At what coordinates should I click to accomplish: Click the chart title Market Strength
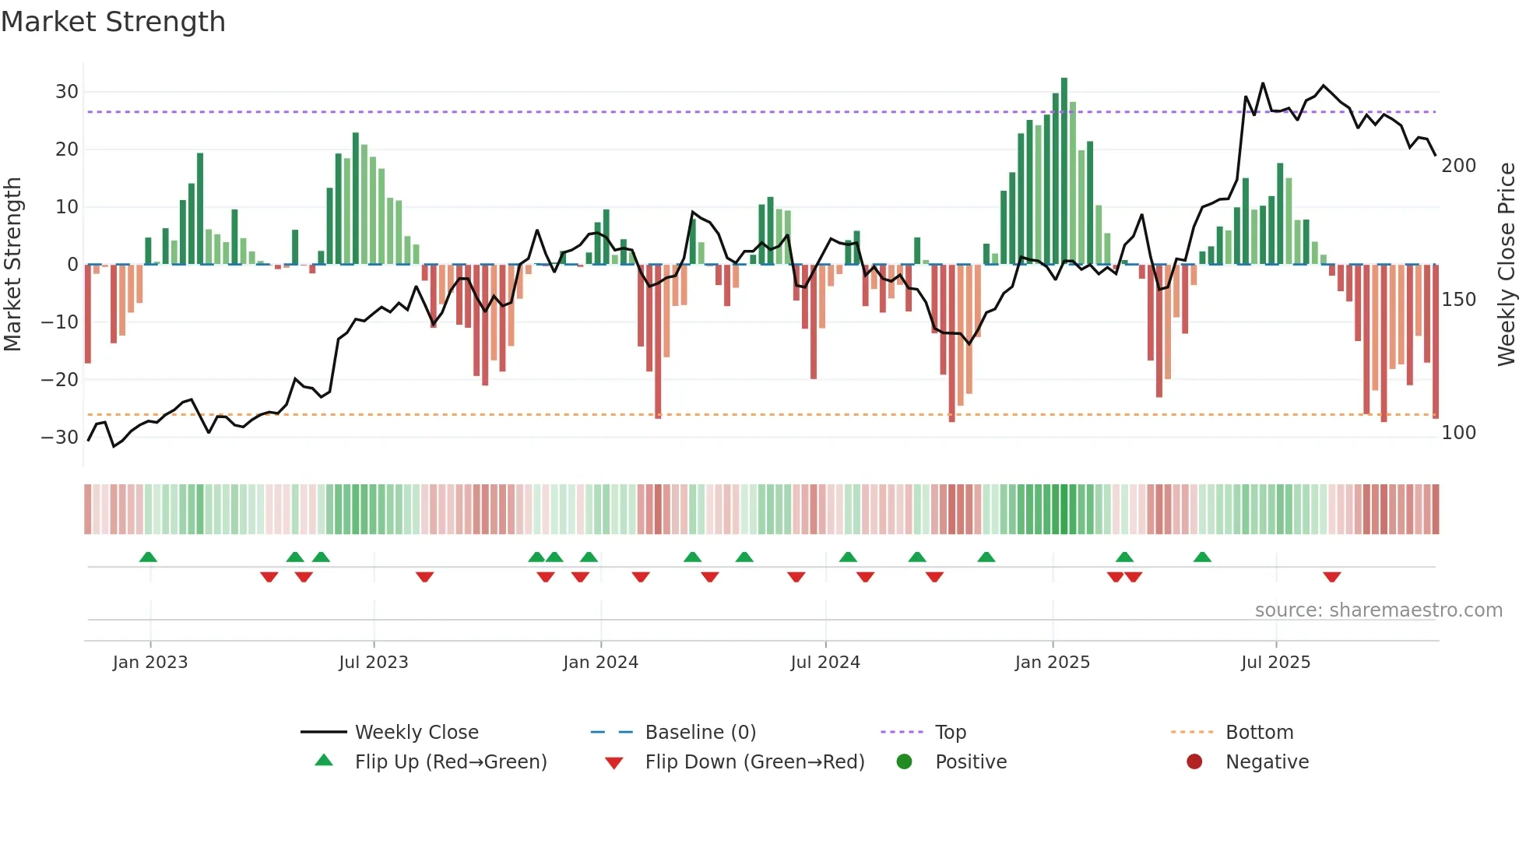tap(113, 22)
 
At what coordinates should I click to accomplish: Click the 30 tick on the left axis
tap(67, 92)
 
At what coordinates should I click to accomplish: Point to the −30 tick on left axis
tap(61, 437)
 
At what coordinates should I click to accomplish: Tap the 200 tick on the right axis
tap(1458, 166)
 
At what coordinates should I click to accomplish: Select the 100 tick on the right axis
tap(1458, 433)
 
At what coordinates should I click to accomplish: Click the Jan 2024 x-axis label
tap(600, 663)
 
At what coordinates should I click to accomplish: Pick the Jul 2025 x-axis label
tap(1275, 663)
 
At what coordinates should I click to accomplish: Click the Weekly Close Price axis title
tap(1507, 265)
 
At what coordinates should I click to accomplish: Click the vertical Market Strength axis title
tap(12, 265)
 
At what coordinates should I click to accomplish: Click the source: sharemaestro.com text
tap(1378, 610)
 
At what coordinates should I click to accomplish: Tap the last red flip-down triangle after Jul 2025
tap(1331, 577)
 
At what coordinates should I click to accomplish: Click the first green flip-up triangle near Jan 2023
tap(148, 557)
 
